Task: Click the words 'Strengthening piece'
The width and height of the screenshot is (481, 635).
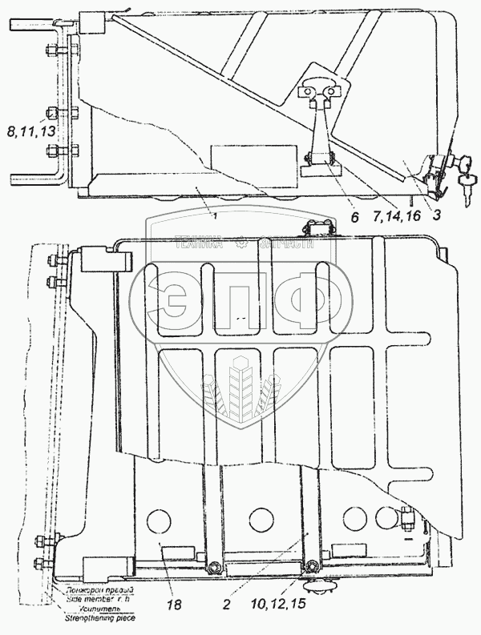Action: point(101,618)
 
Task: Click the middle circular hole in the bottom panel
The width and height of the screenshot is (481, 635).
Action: point(258,516)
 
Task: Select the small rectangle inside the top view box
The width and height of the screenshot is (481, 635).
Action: point(234,154)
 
